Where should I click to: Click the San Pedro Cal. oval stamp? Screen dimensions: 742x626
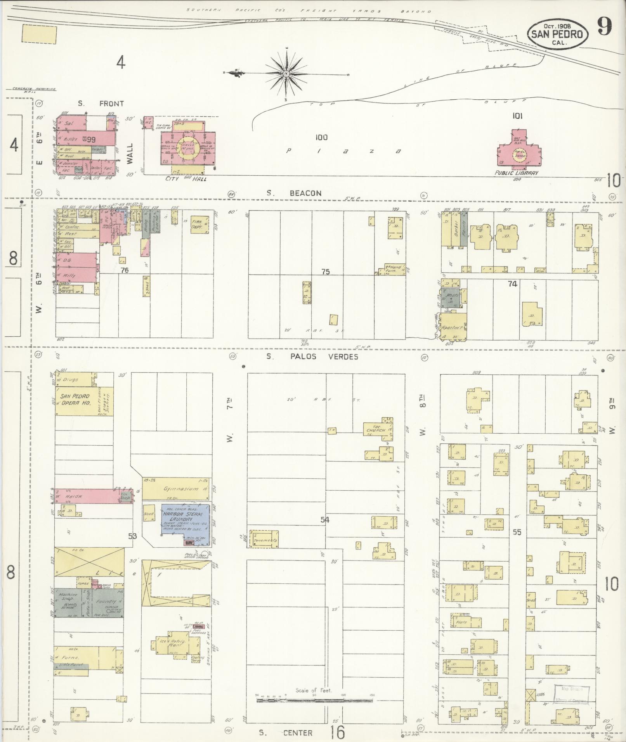[557, 35]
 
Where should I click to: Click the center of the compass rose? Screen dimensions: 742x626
[286, 73]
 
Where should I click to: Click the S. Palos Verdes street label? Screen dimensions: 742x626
[312, 356]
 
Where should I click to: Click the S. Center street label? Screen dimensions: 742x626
[286, 733]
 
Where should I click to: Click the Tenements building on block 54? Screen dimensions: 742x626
[264, 539]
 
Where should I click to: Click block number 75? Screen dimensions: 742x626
[325, 272]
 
